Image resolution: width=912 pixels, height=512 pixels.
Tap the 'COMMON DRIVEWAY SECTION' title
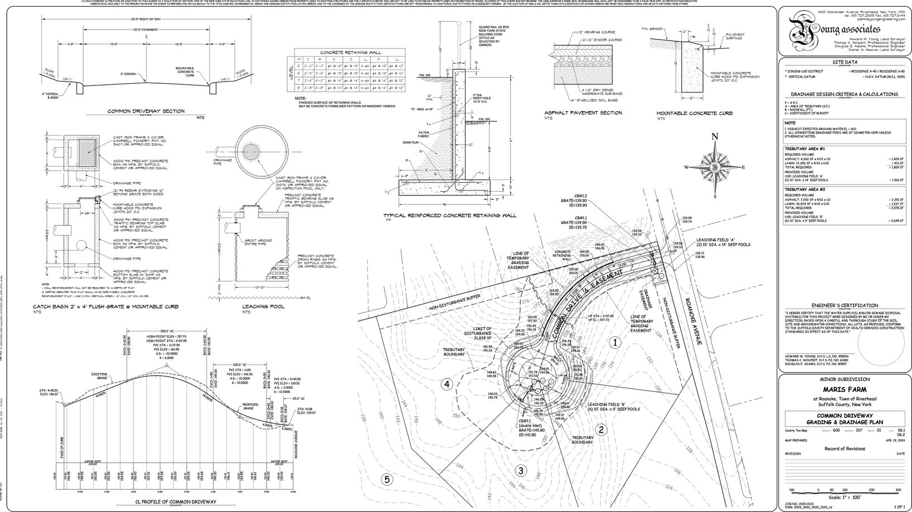[x=146, y=111]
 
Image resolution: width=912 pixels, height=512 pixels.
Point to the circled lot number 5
[x=386, y=478]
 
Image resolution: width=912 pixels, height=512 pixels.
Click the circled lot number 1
[x=615, y=342]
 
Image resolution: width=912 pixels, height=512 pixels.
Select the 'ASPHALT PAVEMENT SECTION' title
[x=583, y=113]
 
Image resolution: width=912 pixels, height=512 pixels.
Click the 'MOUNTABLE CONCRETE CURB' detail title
[x=694, y=113]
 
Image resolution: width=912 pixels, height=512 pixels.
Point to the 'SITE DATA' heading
[x=844, y=63]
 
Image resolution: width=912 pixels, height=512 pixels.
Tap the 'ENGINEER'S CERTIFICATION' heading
[x=844, y=305]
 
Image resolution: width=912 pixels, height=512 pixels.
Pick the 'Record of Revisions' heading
[x=844, y=448]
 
